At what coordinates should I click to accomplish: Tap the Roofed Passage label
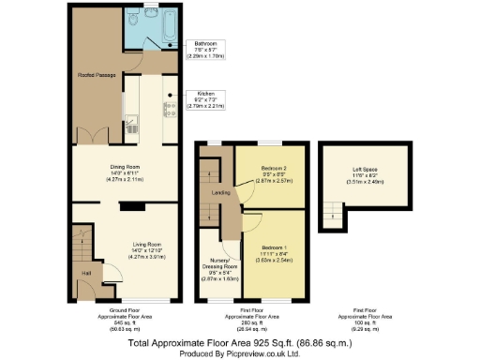click(97, 76)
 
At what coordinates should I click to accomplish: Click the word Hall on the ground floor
click(85, 274)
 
